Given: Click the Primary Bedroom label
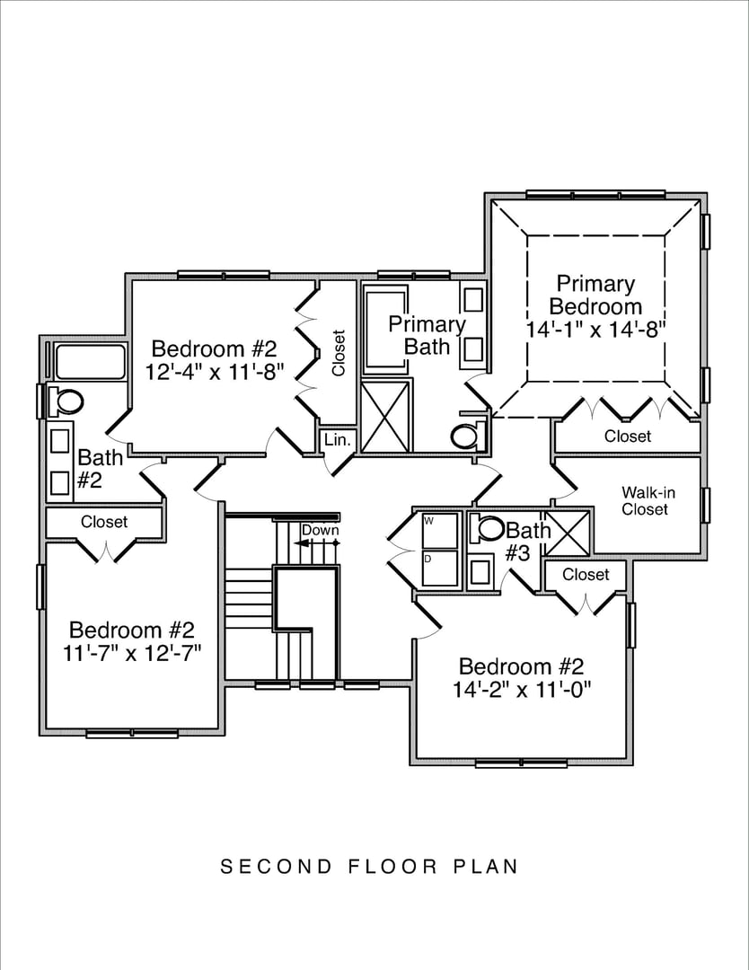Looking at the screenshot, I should pos(595,295).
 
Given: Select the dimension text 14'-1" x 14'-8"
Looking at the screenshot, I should pos(595,329).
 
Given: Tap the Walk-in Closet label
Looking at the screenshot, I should pos(645,501).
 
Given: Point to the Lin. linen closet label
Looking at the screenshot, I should pos(337,440).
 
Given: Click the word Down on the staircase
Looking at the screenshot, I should pos(320,530).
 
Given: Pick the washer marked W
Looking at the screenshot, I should pos(440,530).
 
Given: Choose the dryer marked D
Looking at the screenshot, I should pos(440,568).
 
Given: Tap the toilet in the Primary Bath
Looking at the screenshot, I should pos(465,436).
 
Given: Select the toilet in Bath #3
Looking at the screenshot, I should pos(490,529).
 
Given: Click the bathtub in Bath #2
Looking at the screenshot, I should pos(90,362).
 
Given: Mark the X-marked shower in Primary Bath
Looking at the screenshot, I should pos(386,417).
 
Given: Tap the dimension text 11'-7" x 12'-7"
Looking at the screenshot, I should pos(132,653).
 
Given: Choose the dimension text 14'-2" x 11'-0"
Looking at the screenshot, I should pos(521,690).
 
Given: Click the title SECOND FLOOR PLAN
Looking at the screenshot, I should pos(370,867).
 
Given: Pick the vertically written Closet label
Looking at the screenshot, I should pos(339,354).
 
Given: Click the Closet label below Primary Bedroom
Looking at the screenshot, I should pos(627,436).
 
